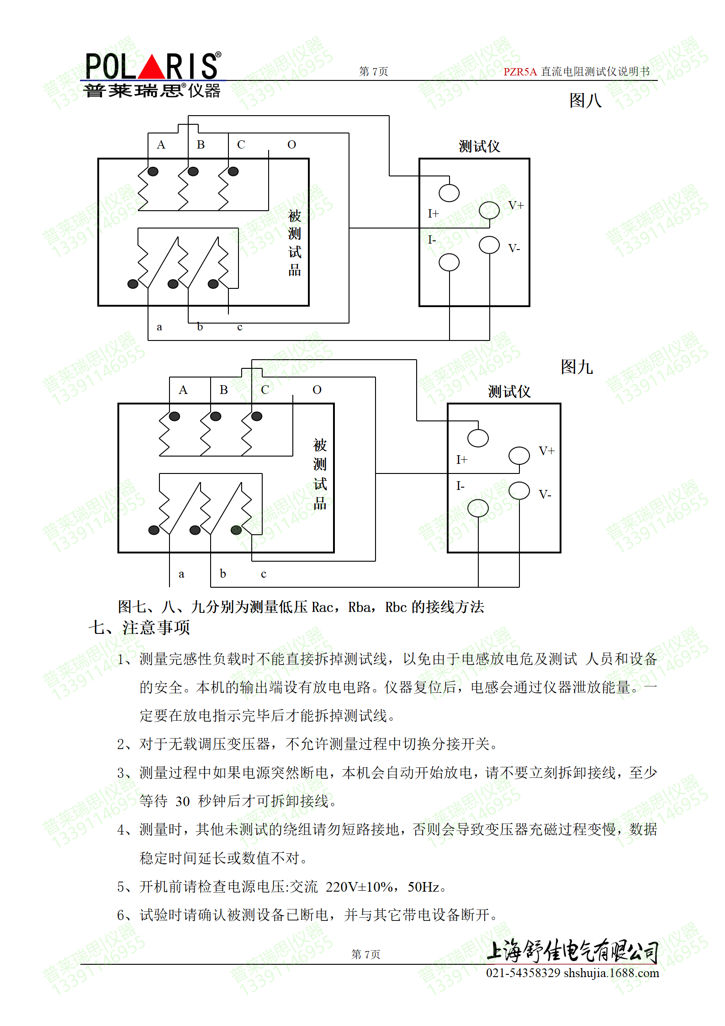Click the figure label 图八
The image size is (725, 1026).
pos(585,101)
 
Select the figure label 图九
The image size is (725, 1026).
pos(577,367)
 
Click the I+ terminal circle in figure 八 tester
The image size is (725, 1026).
pos(449,193)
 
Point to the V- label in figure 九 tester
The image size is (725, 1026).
pos(545,494)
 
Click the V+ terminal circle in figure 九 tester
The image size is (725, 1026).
pos(519,456)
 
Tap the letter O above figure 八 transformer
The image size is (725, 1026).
pos(291,145)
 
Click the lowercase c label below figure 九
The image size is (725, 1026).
pos(263,574)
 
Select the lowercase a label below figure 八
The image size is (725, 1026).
pos(159,327)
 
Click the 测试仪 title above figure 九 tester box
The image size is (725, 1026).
pos(509,392)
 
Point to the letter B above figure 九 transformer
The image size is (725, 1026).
pos(223,390)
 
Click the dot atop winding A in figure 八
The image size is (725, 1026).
pos(153,171)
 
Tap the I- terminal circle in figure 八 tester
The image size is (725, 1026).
pos(449,262)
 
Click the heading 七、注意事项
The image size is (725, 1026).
pos(139,627)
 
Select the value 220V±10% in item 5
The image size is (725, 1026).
pos(358,887)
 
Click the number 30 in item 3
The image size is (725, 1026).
pos(182,801)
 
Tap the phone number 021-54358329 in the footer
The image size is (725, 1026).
pos(523,973)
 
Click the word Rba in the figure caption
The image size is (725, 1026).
pos(359,607)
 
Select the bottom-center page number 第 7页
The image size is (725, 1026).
pos(365,954)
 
